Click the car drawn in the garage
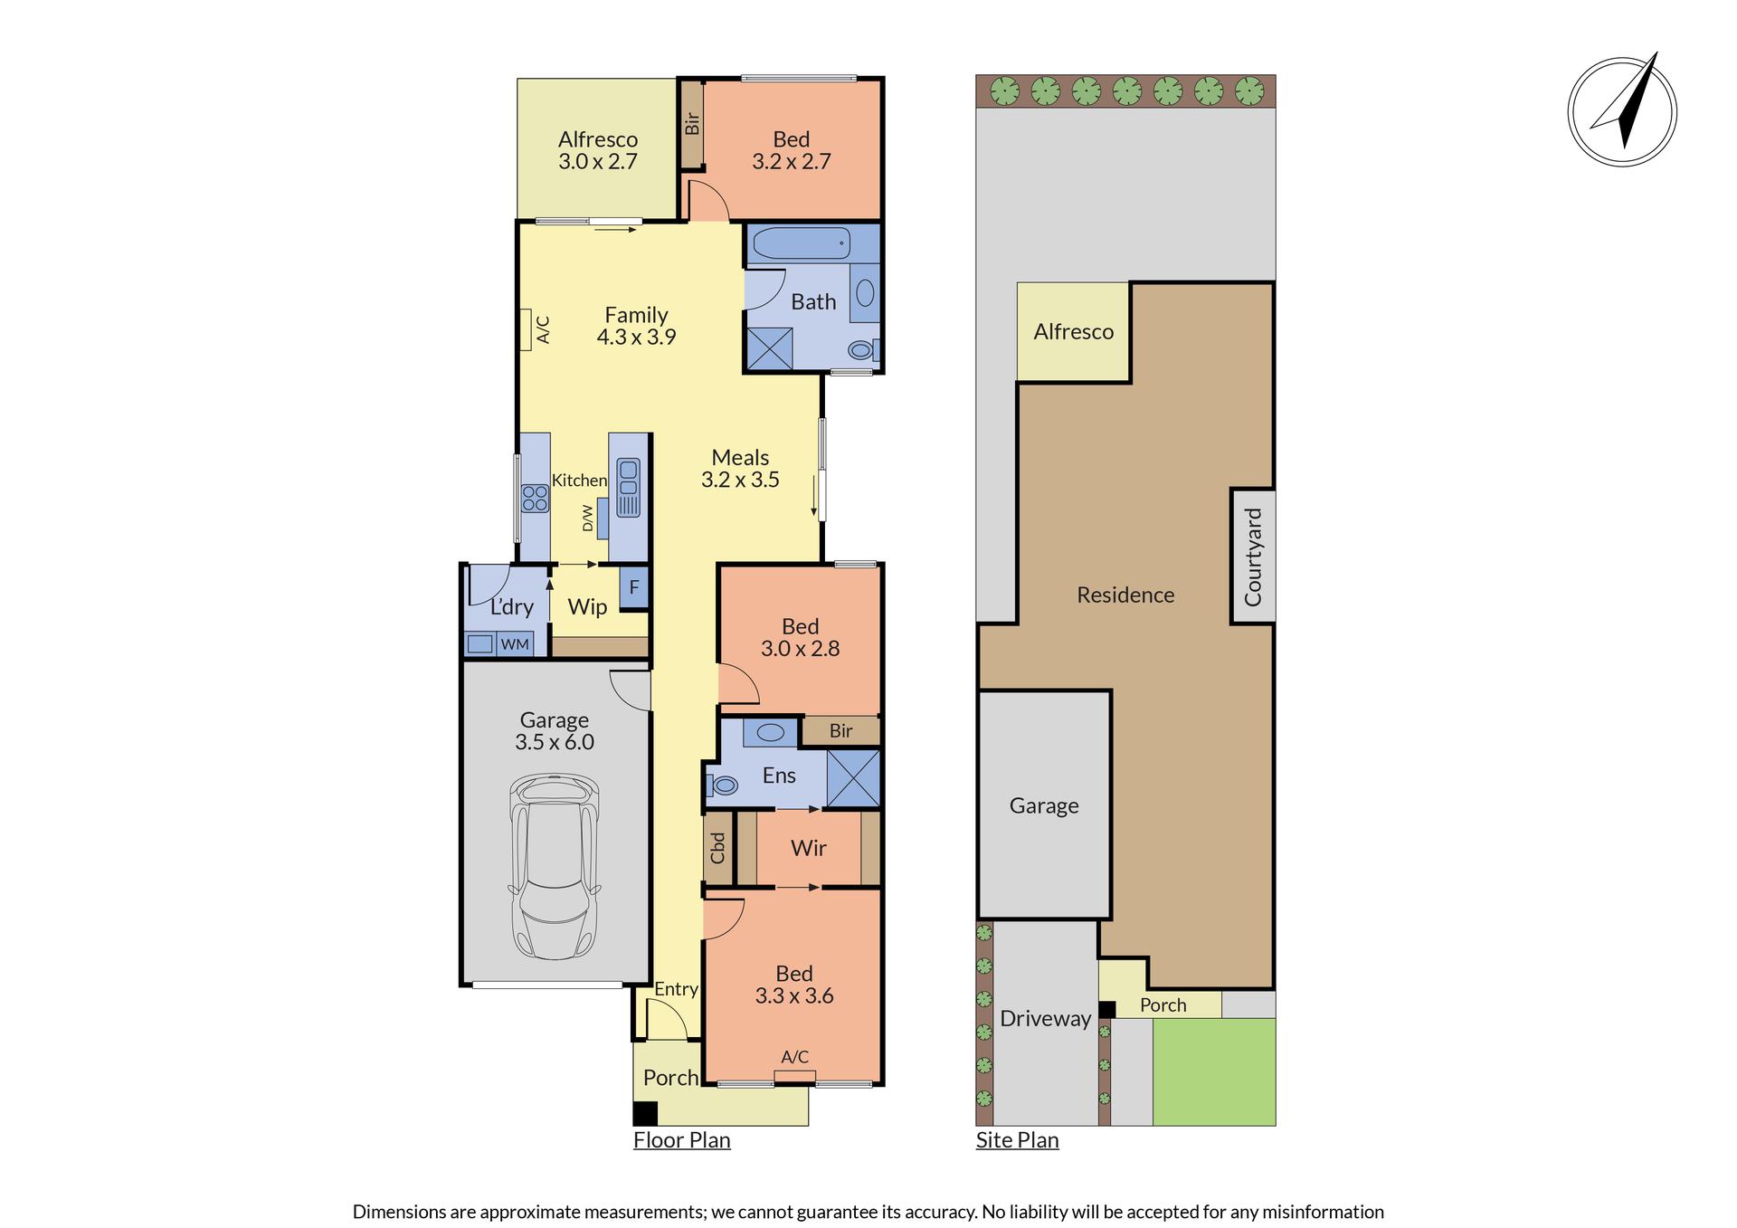click(555, 866)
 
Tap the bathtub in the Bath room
click(802, 243)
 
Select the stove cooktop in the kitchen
click(535, 499)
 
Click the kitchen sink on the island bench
click(628, 487)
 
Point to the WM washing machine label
click(515, 644)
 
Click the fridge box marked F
click(634, 587)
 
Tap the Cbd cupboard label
click(717, 848)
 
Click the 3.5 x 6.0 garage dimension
click(555, 742)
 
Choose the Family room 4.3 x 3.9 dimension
click(636, 337)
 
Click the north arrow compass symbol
click(1622, 111)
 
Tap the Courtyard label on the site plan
click(1253, 557)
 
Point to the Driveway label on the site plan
click(1045, 1019)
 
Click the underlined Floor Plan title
click(681, 1140)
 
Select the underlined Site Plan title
click(1017, 1140)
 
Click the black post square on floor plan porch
click(645, 1113)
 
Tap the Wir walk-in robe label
click(808, 848)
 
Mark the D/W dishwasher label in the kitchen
click(587, 518)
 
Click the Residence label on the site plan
click(1125, 595)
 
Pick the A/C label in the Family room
click(543, 329)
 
